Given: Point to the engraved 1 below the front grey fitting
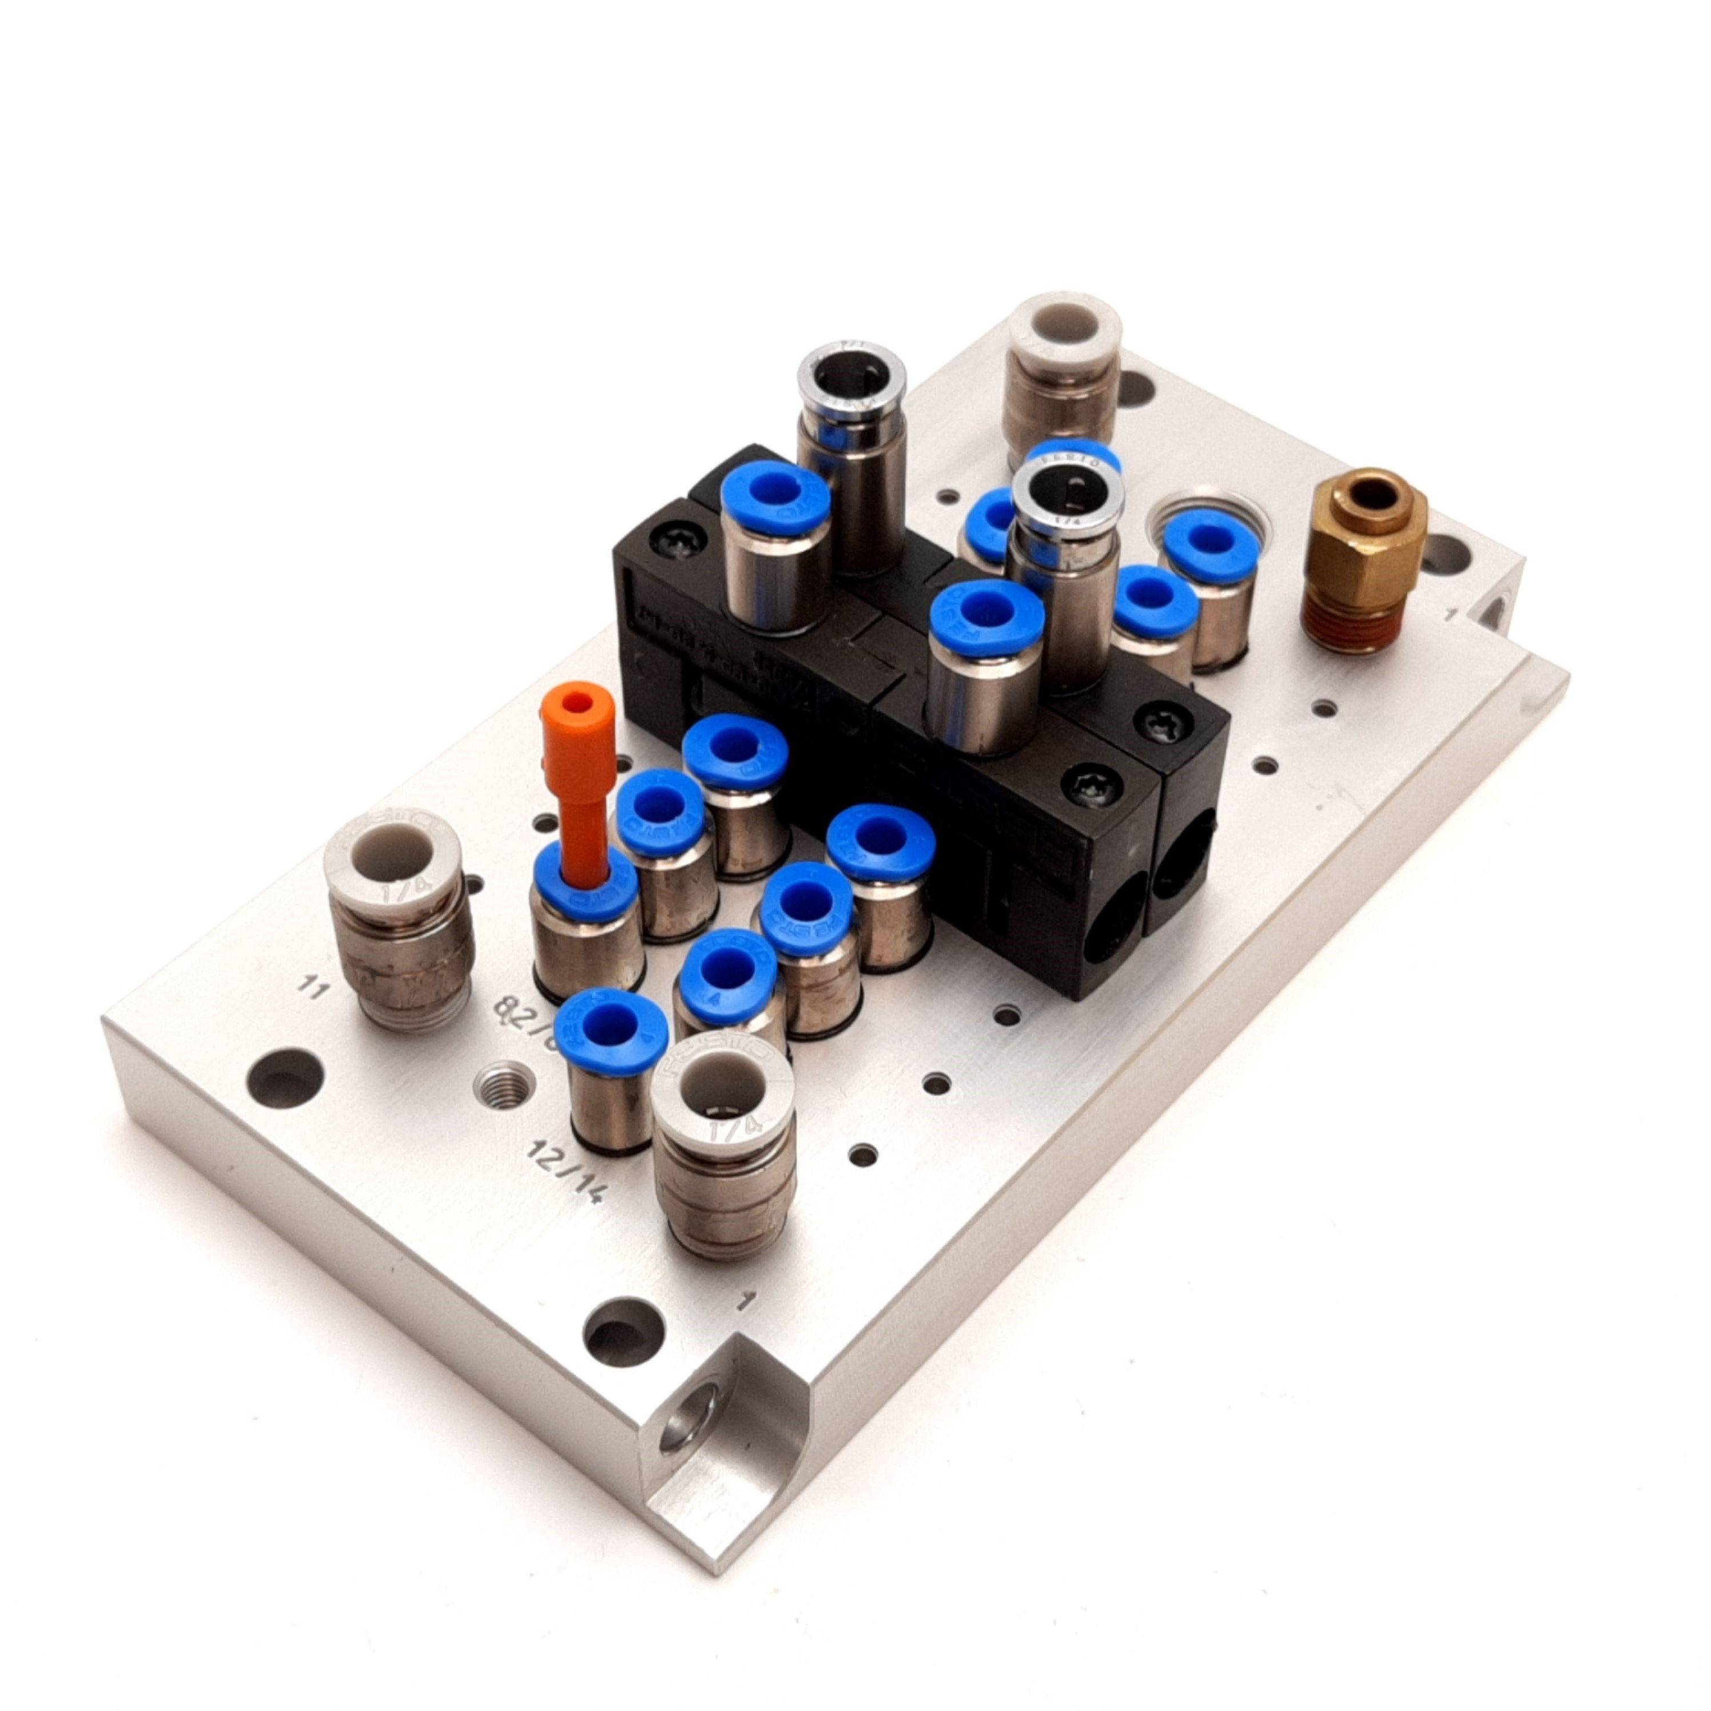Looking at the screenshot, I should [x=751, y=1299].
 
